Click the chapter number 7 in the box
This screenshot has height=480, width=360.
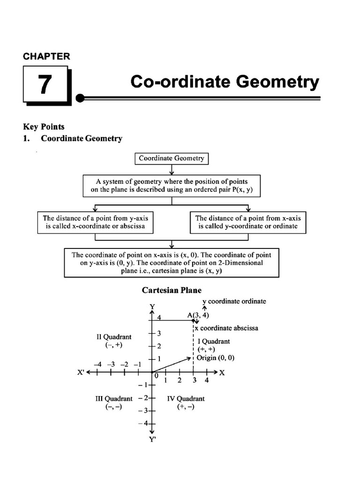click(x=44, y=84)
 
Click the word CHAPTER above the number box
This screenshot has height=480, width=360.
click(x=46, y=56)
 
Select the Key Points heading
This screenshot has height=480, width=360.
click(x=44, y=127)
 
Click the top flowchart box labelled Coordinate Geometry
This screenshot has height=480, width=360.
click(x=172, y=158)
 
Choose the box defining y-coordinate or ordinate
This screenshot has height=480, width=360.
click(x=248, y=222)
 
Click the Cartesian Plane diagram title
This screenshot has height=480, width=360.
click(x=172, y=291)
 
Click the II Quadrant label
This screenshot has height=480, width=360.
click(x=114, y=337)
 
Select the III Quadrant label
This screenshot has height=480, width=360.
click(x=114, y=398)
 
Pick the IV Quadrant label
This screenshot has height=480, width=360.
click(x=186, y=398)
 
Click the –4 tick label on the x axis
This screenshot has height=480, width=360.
click(x=97, y=364)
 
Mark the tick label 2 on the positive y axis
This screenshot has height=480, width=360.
click(x=159, y=346)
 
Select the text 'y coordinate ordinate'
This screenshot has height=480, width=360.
click(x=234, y=301)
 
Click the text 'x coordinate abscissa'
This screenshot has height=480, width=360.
click(x=226, y=328)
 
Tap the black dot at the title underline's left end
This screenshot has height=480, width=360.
click(x=81, y=98)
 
